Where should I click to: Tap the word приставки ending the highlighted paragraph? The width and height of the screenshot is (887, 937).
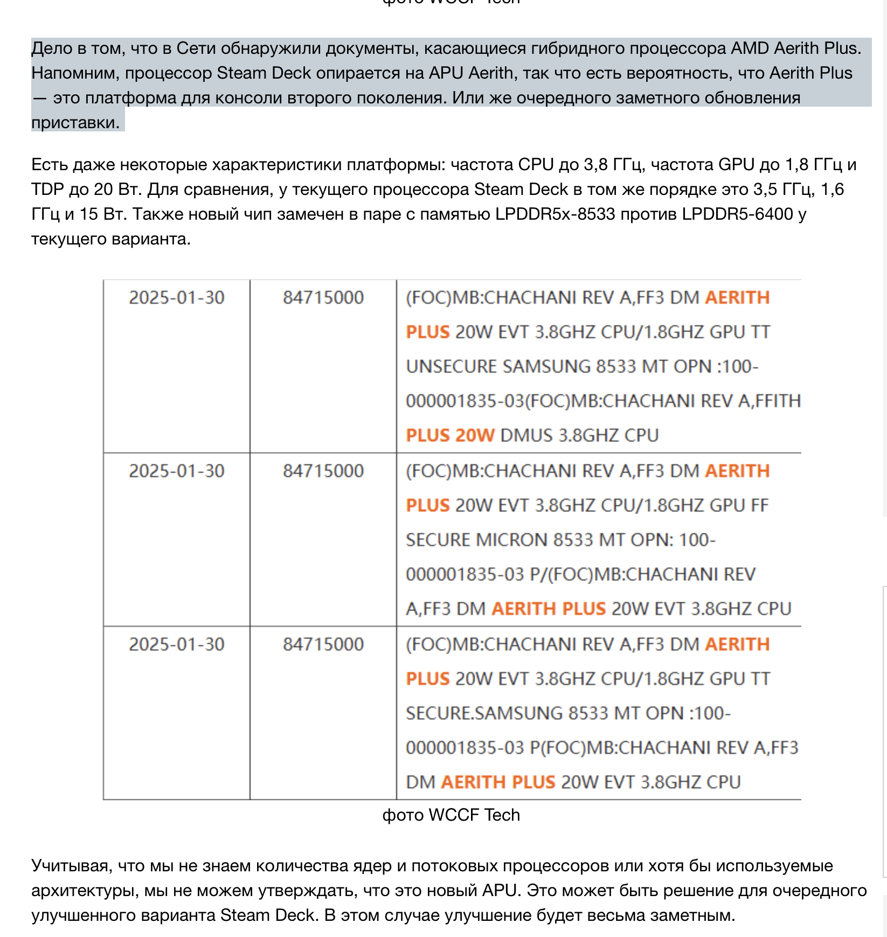[x=75, y=123]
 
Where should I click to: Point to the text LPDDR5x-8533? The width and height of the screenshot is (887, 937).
[x=555, y=214]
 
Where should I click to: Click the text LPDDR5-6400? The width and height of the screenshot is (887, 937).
[x=737, y=214]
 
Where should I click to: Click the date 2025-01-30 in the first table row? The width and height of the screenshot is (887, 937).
[x=176, y=298]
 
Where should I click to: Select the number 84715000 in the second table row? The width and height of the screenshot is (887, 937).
[x=323, y=471]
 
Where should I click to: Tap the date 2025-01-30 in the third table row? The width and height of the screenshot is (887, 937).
[x=176, y=645]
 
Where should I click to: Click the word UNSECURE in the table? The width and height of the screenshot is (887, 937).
[x=451, y=367]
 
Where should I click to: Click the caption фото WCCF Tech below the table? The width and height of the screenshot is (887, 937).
[x=451, y=815]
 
